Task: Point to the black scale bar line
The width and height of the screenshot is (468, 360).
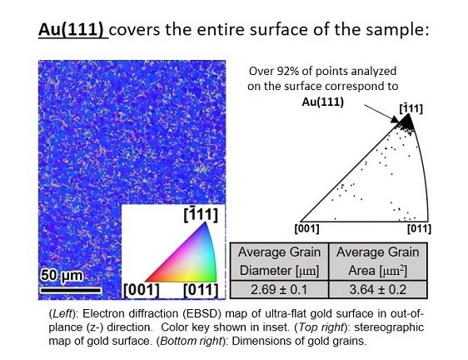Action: coord(70,289)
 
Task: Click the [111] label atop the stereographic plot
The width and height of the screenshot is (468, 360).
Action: coord(408,108)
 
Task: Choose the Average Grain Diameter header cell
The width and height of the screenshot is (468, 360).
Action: coord(278,259)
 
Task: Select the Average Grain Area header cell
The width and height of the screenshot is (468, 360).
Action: coord(375,259)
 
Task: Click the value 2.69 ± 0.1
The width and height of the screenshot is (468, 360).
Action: coord(278,288)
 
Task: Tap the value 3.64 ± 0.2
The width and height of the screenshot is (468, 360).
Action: coord(375,288)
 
